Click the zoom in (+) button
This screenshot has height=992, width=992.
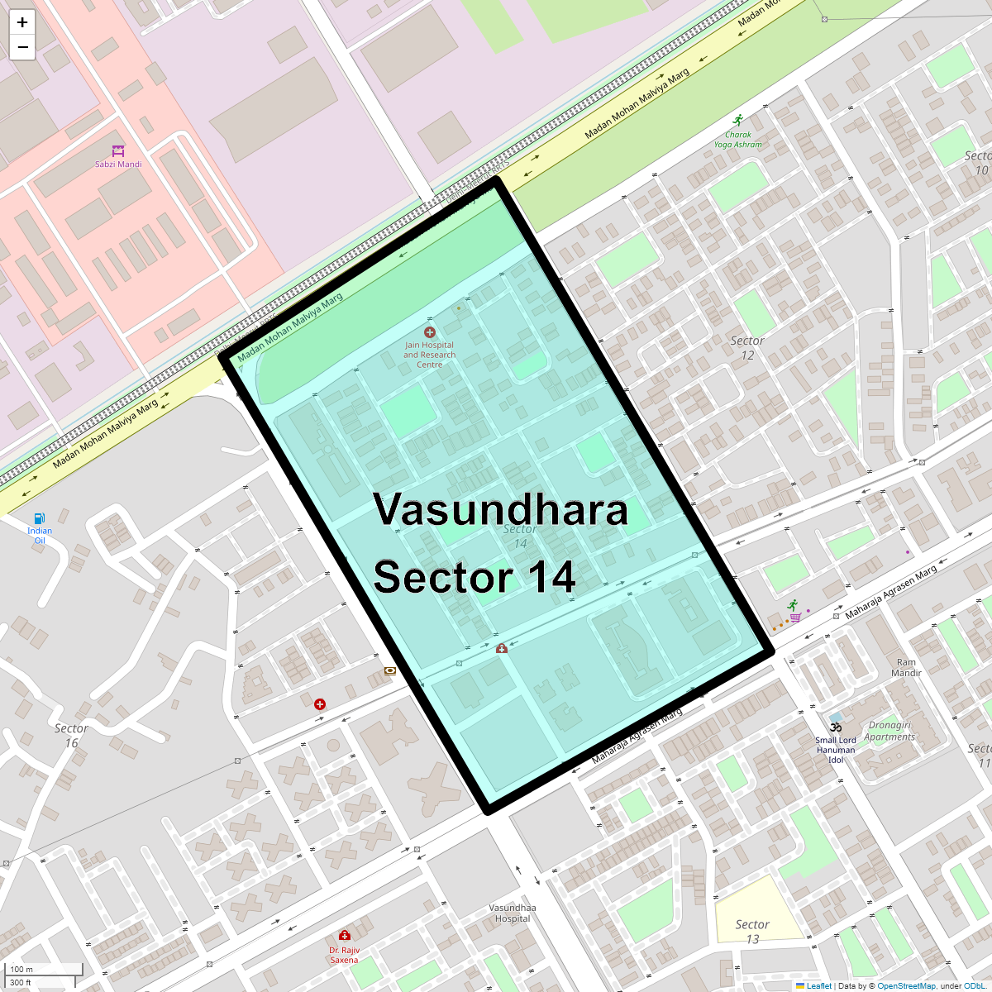pos(22,22)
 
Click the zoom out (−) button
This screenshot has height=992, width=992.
pos(22,47)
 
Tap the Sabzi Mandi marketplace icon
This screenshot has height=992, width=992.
pos(118,150)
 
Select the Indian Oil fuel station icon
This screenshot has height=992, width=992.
pos(39,518)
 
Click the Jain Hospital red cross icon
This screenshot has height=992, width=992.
pos(429,332)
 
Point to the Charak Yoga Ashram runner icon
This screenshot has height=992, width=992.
pos(738,121)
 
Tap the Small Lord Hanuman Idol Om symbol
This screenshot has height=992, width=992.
pos(836,727)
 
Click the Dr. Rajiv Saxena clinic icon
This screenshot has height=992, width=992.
pos(344,936)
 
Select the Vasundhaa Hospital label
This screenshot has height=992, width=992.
pos(513,913)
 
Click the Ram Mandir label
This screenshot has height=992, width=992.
pos(906,668)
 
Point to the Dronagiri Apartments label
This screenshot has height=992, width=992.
pos(889,731)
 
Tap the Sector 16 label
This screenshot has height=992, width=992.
pos(71,735)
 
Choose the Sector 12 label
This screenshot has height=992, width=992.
pos(747,348)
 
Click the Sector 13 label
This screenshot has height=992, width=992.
pos(752,932)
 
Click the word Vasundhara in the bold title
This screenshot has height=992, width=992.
pos(500,509)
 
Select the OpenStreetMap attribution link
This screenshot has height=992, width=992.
pos(907,985)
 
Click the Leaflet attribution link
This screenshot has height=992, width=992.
pos(818,985)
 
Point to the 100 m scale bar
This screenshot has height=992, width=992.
pos(45,969)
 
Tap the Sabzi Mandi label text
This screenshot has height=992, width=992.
pos(118,165)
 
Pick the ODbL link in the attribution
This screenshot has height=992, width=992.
pos(974,985)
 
